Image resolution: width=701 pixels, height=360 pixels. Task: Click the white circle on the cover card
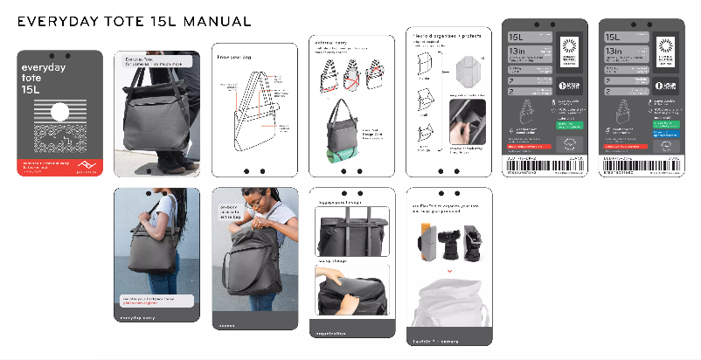59,112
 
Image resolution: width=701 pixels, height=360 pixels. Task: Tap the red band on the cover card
59,167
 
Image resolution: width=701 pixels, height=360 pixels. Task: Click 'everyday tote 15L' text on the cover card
44,77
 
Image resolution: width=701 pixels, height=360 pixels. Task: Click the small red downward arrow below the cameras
448,270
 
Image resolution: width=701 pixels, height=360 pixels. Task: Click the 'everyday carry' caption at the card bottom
138,316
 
